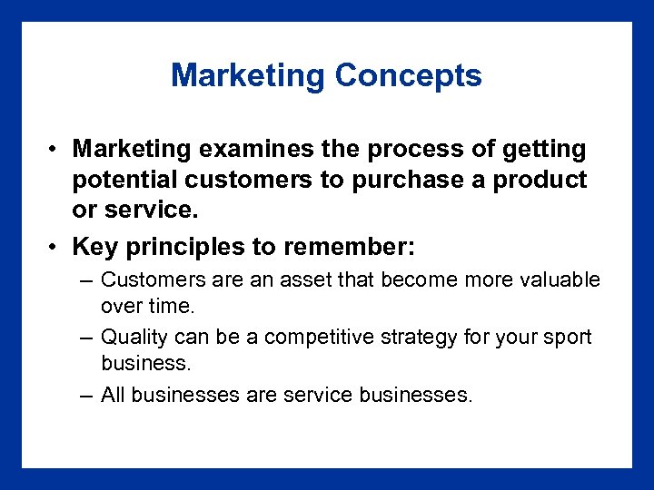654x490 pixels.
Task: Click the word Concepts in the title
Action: (x=408, y=75)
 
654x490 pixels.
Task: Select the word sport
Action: (x=569, y=338)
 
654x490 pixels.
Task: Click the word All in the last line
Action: (x=113, y=395)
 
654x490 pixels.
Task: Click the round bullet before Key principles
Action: (x=55, y=248)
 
